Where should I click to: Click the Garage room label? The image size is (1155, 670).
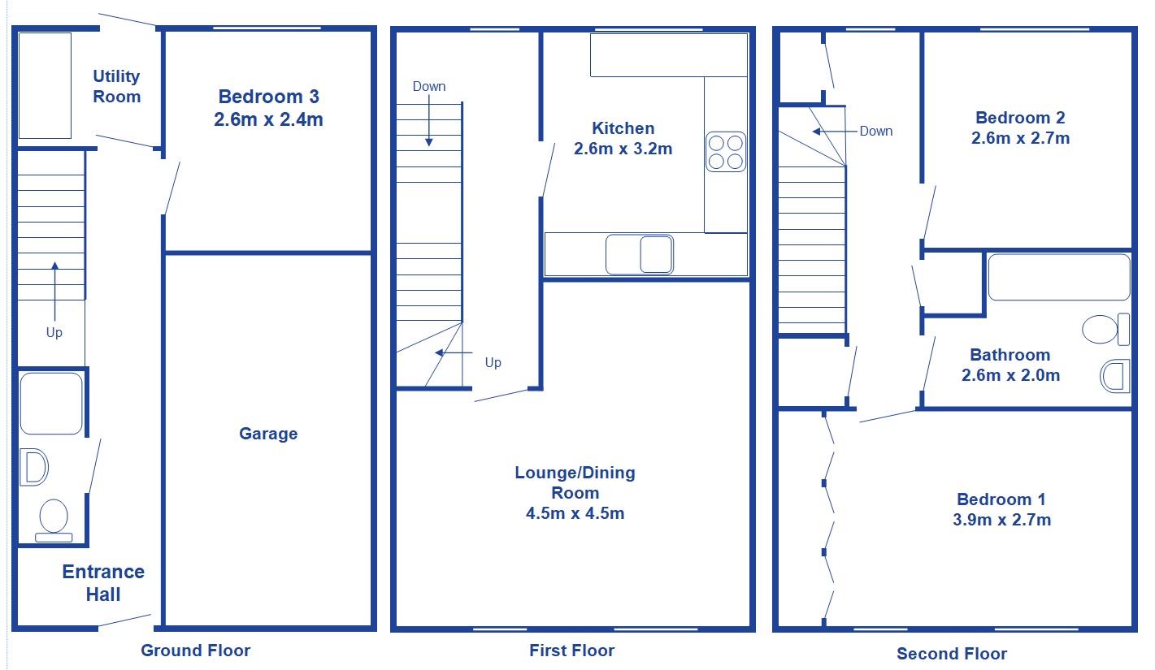pyautogui.click(x=267, y=434)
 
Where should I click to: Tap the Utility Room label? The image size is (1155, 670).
pyautogui.click(x=116, y=86)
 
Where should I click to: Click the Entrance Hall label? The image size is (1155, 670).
pyautogui.click(x=103, y=582)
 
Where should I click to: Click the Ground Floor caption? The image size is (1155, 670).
pyautogui.click(x=195, y=650)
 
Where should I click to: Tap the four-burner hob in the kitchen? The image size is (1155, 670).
pyautogui.click(x=726, y=151)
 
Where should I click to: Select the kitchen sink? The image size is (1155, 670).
pyautogui.click(x=640, y=254)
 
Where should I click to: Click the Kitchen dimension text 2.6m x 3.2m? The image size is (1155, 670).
pyautogui.click(x=623, y=149)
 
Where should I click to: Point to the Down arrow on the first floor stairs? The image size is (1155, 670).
pyautogui.click(x=428, y=122)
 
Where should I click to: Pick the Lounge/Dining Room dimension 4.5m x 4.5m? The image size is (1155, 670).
pyautogui.click(x=575, y=512)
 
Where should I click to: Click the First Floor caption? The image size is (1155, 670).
pyautogui.click(x=571, y=650)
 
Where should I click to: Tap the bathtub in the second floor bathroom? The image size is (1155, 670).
pyautogui.click(x=1058, y=277)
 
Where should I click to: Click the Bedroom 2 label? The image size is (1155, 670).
pyautogui.click(x=1020, y=117)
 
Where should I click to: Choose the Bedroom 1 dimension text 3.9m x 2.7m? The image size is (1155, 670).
pyautogui.click(x=1001, y=520)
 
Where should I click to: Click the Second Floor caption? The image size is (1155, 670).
pyautogui.click(x=951, y=653)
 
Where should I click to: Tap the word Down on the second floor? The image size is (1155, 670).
pyautogui.click(x=875, y=131)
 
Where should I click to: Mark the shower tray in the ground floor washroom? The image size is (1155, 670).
pyautogui.click(x=50, y=404)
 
